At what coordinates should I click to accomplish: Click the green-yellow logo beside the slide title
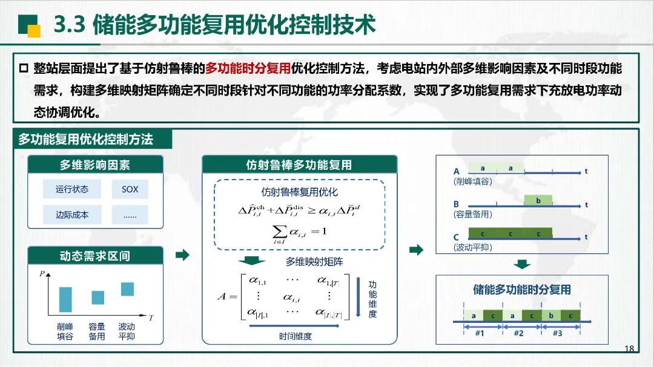point(29,26)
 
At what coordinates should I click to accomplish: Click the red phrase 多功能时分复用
point(248,68)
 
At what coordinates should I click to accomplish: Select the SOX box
point(130,189)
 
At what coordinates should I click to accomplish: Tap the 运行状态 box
point(71,189)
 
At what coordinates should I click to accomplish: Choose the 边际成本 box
point(71,215)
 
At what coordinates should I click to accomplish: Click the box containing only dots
point(130,215)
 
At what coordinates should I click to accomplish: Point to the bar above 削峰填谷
point(65,299)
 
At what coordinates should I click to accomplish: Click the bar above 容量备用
point(98,297)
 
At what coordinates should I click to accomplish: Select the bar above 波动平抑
point(127,289)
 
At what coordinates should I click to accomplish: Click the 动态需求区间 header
point(95,255)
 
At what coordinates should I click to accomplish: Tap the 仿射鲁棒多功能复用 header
point(300,164)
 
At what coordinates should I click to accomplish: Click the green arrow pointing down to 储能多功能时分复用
point(522,264)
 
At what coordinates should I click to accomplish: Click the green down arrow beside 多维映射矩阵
point(251,261)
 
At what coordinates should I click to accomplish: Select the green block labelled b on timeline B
point(538,200)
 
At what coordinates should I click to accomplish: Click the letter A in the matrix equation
point(222,296)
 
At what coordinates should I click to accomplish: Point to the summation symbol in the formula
point(279,232)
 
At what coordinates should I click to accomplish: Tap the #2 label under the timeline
point(518,333)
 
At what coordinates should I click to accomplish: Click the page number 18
point(629,348)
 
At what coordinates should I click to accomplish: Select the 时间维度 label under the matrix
point(296,336)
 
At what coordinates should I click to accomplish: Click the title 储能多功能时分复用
point(522,290)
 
